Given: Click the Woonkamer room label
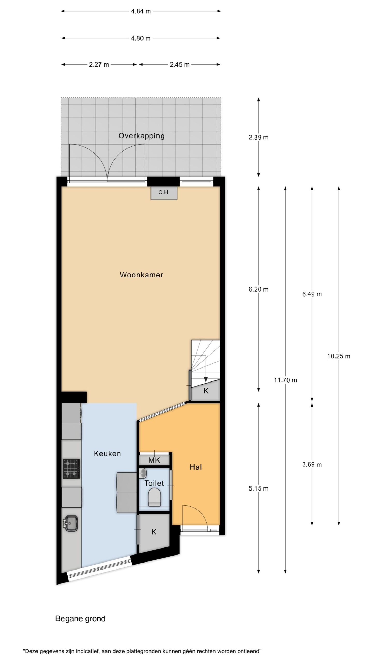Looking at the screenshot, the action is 141,275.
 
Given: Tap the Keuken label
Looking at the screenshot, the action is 107,453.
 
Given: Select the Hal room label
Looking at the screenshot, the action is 196,467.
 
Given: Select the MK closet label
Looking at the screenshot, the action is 154,460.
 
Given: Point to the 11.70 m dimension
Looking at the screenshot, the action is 285,380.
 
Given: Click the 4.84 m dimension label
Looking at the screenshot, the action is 141,11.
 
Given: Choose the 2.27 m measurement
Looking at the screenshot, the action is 99,65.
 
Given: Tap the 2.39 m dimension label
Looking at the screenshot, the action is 259,138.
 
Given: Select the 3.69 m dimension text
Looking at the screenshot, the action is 312,465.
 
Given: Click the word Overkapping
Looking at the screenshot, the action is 142,136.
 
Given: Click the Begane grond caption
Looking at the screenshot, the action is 80,619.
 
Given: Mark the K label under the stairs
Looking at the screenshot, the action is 206,391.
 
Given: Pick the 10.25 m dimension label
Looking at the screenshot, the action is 339,356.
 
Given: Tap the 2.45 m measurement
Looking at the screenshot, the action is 180,65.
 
